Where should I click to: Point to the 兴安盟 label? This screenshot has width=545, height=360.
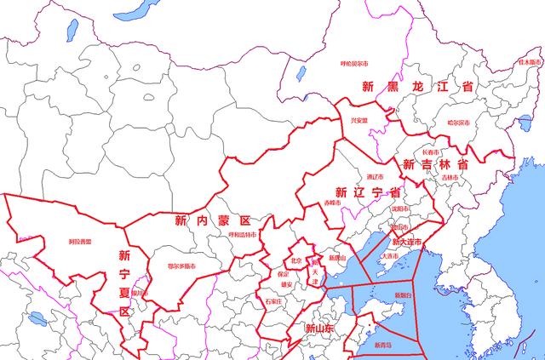coord(359,121)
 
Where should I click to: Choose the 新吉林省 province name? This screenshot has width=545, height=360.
coord(436,164)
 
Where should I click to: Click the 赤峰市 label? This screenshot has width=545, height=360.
coord(331,203)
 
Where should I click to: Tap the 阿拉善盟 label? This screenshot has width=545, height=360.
coord(80,242)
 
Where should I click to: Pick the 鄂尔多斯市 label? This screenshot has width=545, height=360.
coord(184,266)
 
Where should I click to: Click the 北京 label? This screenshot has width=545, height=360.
coord(296,260)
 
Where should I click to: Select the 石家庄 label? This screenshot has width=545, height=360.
coord(273,301)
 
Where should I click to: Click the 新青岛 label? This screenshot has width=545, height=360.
coord(383,346)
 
